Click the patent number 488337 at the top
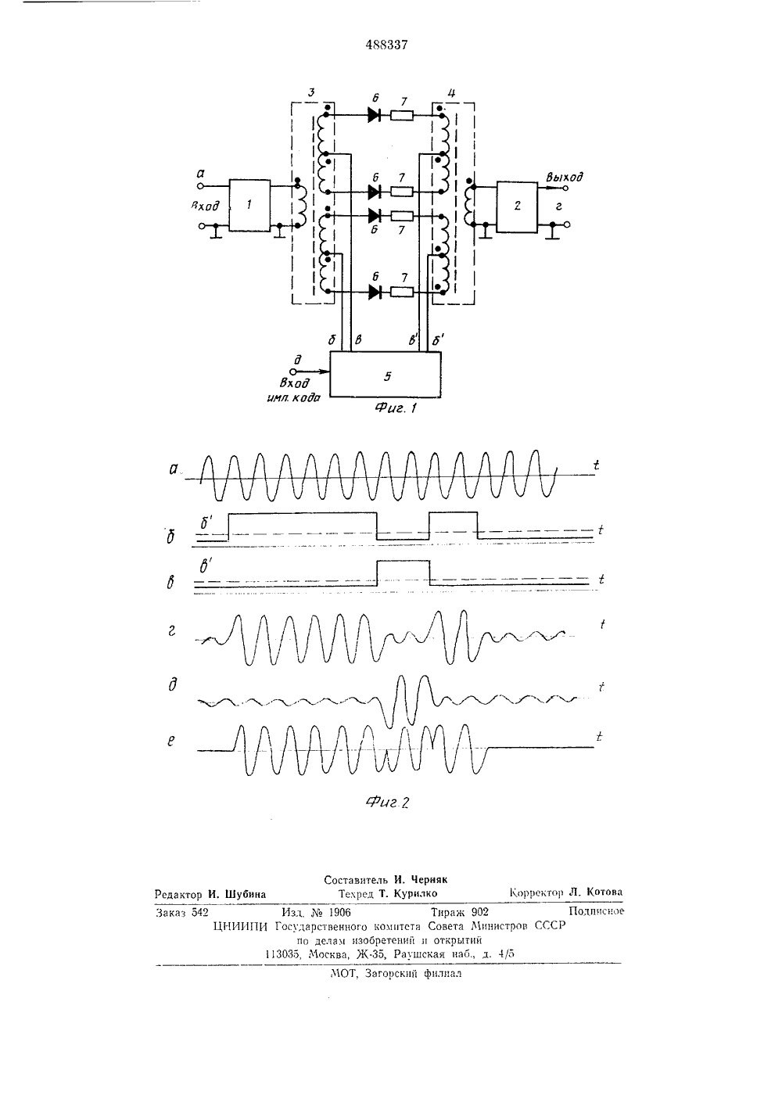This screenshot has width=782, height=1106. click(x=386, y=45)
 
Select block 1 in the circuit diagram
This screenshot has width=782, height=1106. click(x=249, y=206)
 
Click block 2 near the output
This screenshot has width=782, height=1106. click(x=517, y=206)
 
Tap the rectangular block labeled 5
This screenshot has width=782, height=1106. click(x=386, y=374)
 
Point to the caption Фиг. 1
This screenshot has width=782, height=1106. click(x=396, y=408)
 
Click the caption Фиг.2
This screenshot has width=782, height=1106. click(x=388, y=803)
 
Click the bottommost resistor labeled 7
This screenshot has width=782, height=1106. click(x=402, y=293)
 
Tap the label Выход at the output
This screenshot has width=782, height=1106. click(x=565, y=178)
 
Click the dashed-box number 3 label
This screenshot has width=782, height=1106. click(x=311, y=92)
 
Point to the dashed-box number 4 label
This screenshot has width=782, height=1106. click(x=450, y=93)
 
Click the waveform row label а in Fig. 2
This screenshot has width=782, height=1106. click(x=174, y=469)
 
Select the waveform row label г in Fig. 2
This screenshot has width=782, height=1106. click(x=172, y=630)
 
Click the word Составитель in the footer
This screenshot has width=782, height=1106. click(x=356, y=879)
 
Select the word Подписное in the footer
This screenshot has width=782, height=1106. click(x=597, y=911)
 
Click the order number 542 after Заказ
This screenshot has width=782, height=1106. click(x=199, y=913)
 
